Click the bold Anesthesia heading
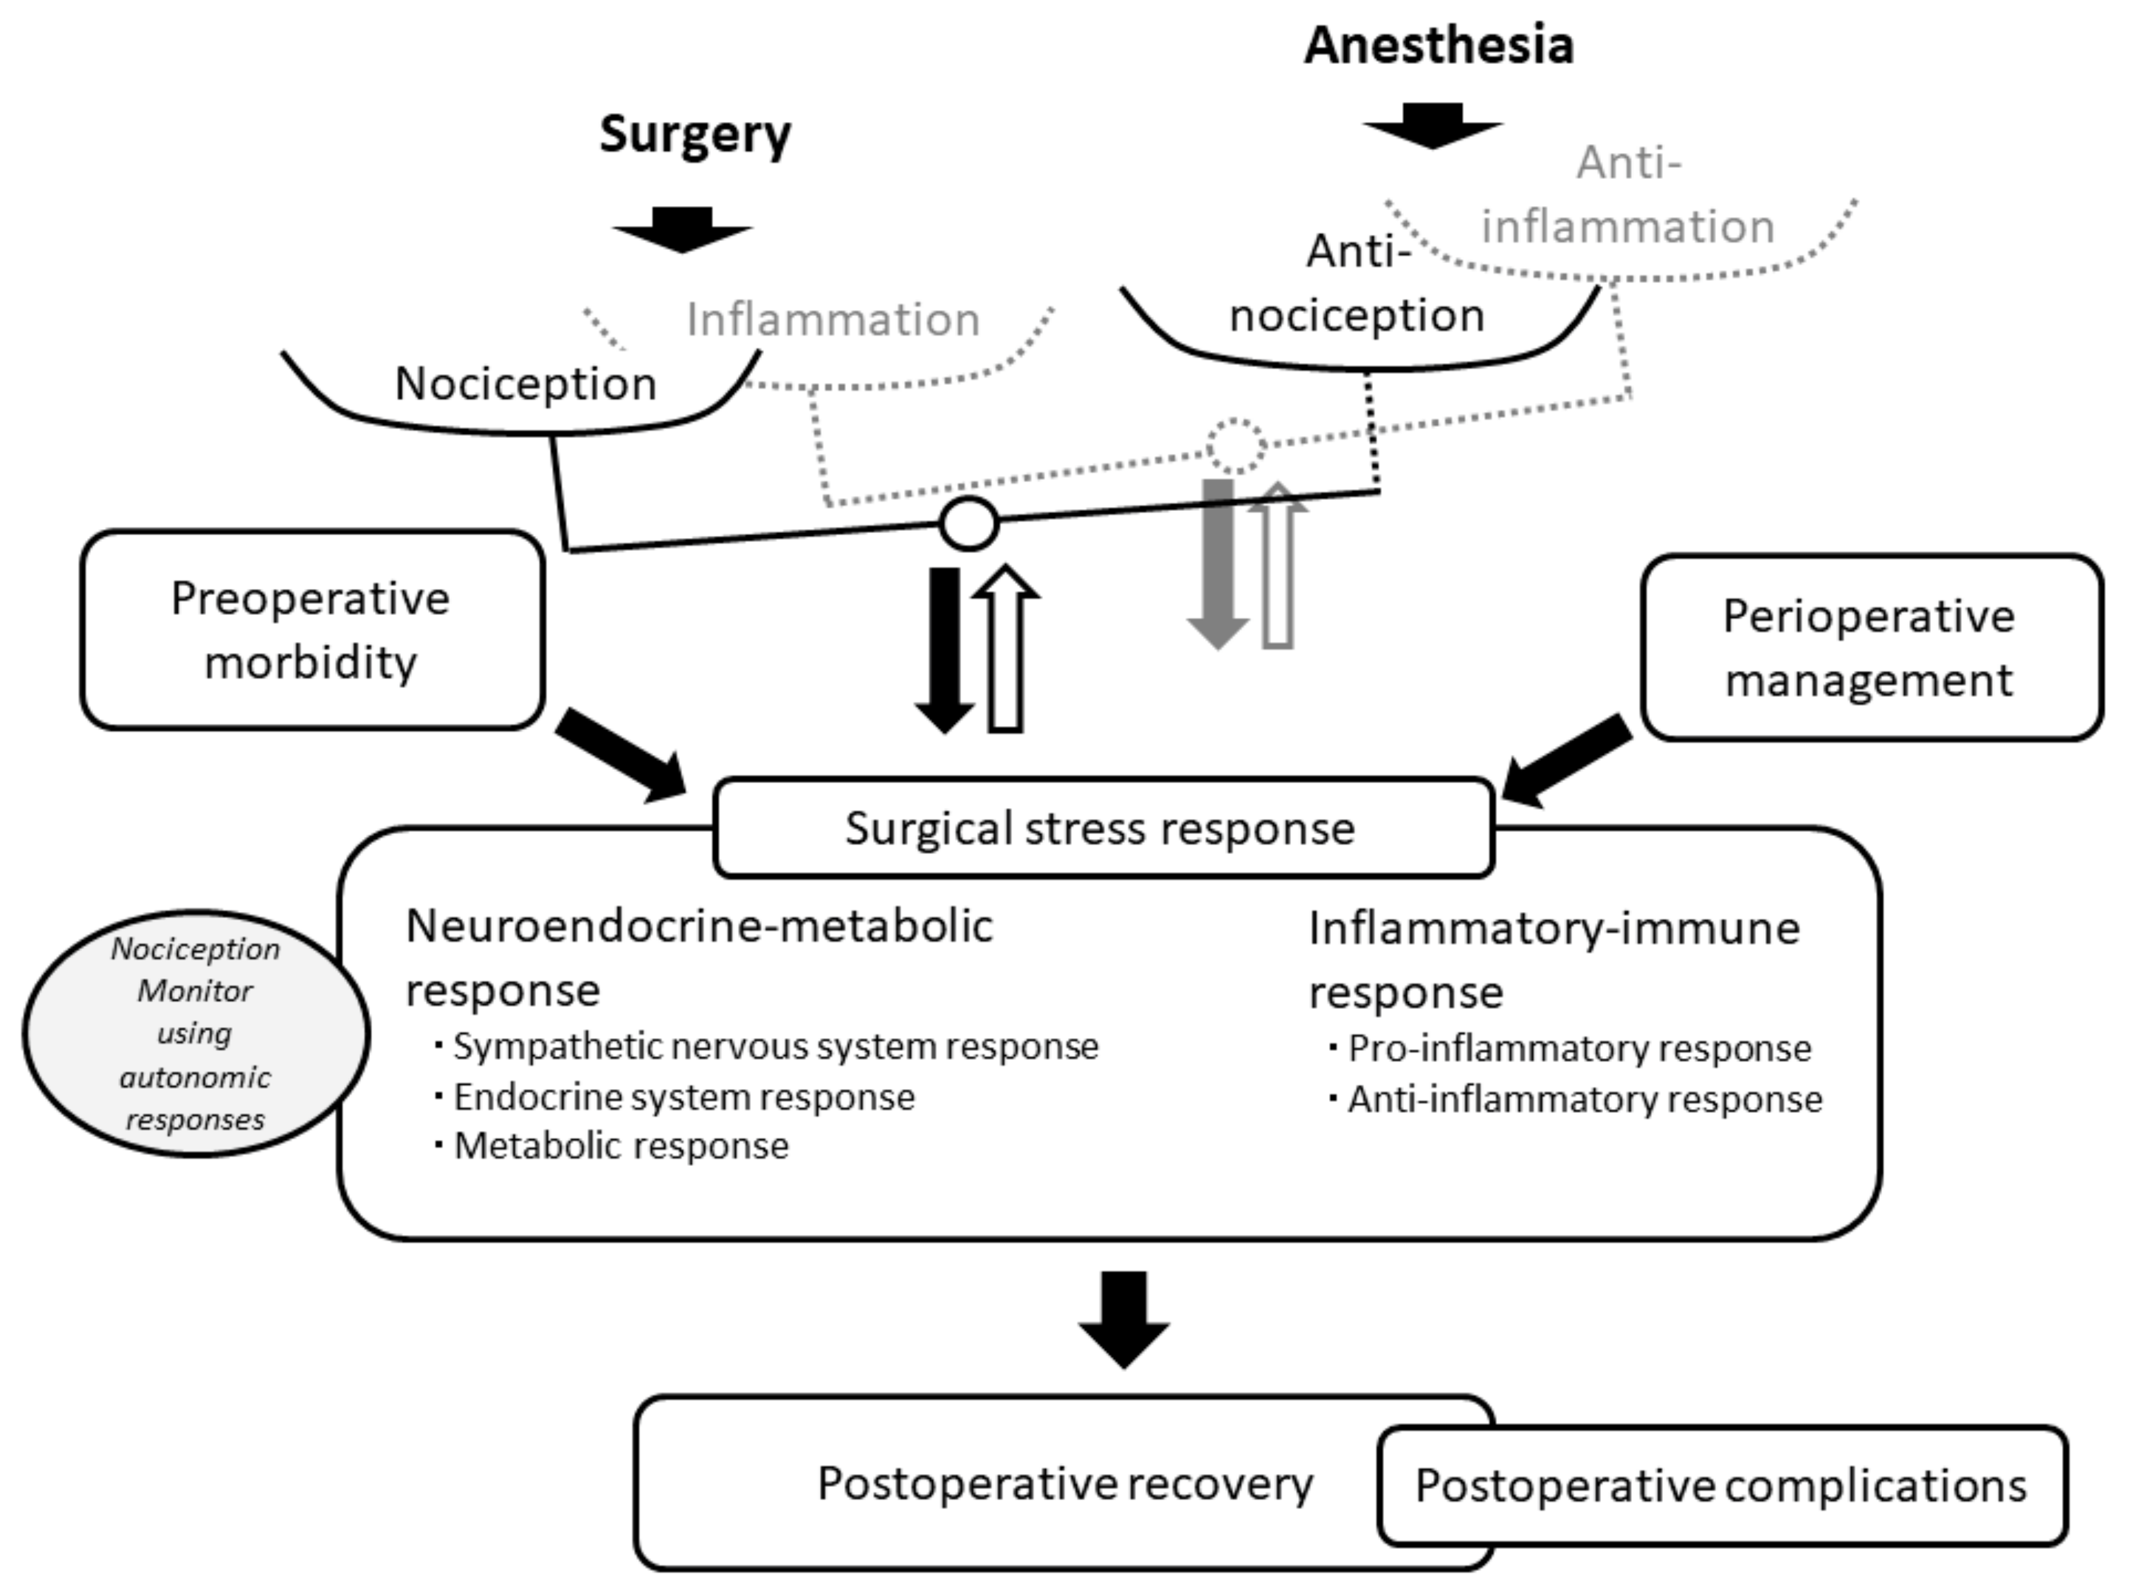1439,45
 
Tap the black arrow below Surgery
682,230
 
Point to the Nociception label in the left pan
526,383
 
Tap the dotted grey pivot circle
1236,445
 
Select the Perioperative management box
1871,647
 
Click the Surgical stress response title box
1103,828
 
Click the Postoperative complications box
1722,1485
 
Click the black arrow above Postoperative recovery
1124,1320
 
